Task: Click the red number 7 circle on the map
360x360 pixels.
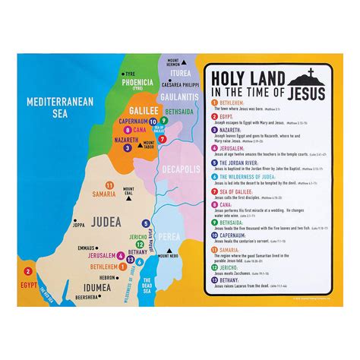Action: [x=162, y=138]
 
